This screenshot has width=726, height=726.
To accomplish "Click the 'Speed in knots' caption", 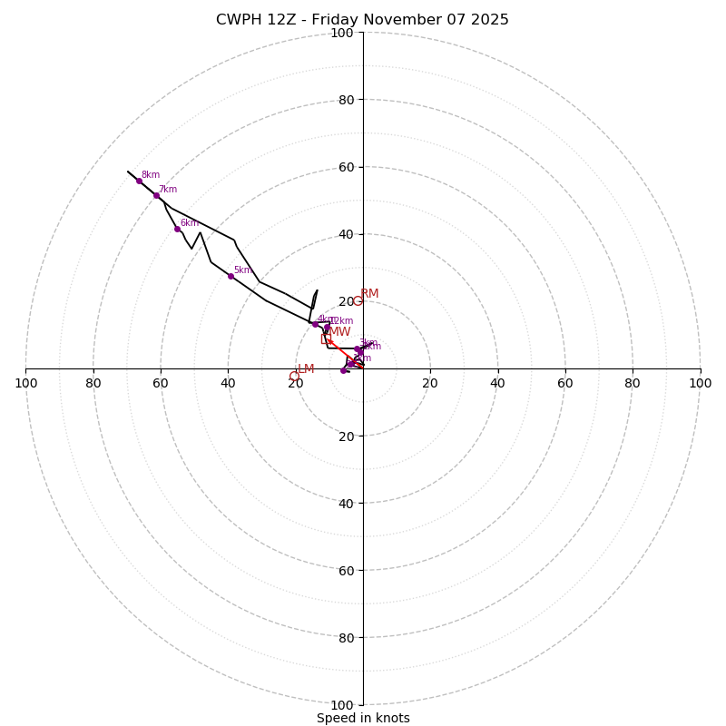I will point(363,718).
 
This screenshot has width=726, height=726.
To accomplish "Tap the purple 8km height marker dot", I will point(139,181).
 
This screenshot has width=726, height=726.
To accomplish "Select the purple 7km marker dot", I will point(156,195).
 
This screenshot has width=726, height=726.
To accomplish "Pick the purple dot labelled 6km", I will point(177,229).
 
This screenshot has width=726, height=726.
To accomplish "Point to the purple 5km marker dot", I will point(231,276).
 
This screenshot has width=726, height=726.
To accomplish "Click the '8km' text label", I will point(151,175).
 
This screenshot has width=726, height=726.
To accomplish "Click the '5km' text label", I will point(242,270).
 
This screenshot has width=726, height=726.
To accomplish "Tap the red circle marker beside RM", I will point(358,301).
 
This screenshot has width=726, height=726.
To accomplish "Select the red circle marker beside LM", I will point(294,376).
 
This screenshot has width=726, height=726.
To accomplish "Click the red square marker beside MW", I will point(326,339).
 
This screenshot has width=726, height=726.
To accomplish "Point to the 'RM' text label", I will point(369,294).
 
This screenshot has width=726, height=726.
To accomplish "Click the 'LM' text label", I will point(306,369).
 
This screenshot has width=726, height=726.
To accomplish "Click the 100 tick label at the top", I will point(342,33).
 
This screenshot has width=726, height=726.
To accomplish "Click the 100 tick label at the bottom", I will point(342,705).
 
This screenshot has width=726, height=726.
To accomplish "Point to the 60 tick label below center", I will point(346,571).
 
